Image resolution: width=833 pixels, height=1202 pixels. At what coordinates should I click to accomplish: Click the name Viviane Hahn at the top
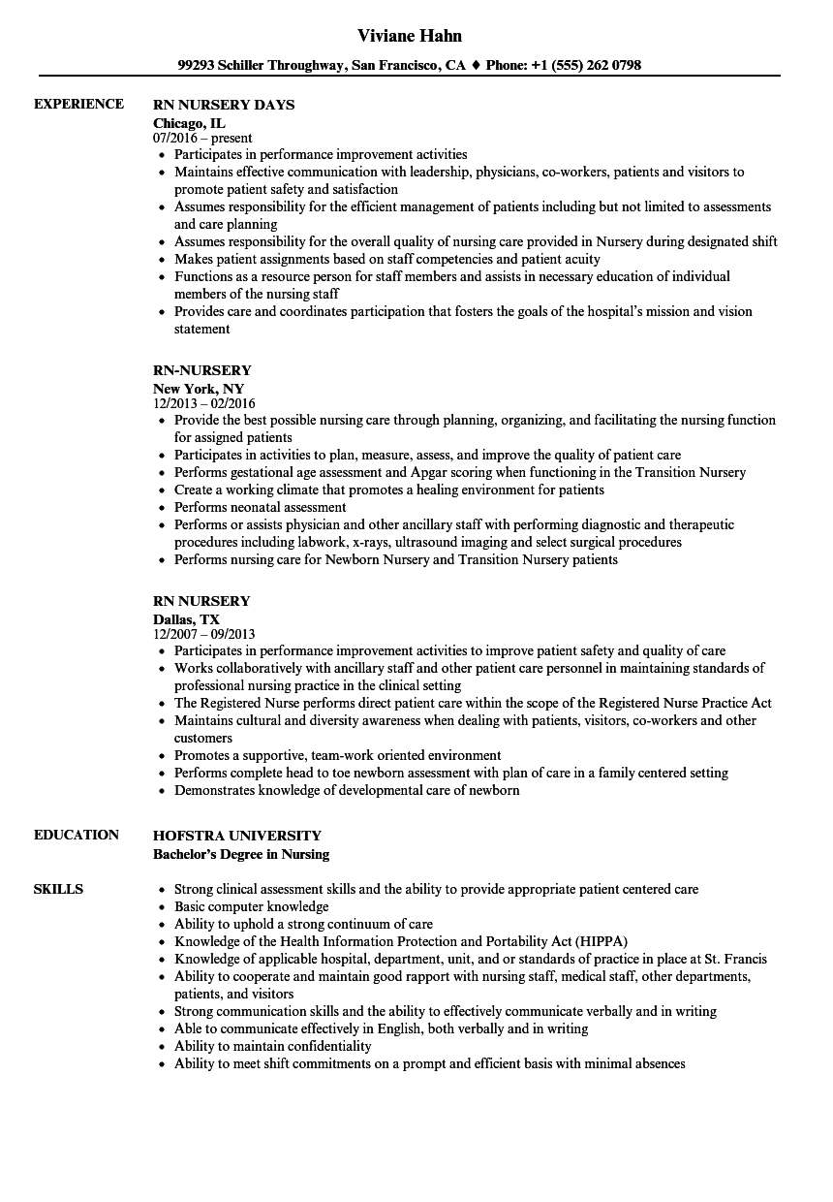click(x=410, y=36)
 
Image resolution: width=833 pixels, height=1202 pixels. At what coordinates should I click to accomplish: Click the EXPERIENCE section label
click(x=78, y=104)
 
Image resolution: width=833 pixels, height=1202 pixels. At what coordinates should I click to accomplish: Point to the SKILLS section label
click(x=58, y=889)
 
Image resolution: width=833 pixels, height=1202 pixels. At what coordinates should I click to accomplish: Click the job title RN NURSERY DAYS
click(x=224, y=105)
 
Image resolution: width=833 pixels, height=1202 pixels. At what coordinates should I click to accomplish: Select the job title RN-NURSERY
click(x=202, y=370)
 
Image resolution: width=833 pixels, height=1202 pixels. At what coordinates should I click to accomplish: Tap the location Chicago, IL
click(x=189, y=123)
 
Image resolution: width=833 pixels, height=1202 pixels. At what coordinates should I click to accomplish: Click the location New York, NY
click(x=199, y=389)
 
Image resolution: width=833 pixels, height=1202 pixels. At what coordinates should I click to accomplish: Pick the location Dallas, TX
click(x=186, y=619)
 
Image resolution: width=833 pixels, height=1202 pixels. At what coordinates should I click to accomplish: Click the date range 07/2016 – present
click(x=202, y=139)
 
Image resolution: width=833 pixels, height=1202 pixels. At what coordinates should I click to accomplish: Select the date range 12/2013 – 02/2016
click(x=204, y=404)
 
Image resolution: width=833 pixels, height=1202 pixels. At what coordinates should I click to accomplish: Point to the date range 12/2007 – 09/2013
click(x=204, y=635)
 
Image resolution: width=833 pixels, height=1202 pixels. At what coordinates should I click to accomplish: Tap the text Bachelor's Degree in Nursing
click(x=241, y=854)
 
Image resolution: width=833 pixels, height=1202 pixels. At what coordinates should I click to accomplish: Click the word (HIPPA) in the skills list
click(x=602, y=941)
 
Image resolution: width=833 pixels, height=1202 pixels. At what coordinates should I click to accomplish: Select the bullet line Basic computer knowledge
click(x=251, y=906)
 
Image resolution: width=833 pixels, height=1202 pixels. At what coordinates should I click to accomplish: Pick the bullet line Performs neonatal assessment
click(x=260, y=507)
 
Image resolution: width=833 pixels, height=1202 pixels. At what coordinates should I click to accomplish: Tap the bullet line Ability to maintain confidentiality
click(x=272, y=1046)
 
